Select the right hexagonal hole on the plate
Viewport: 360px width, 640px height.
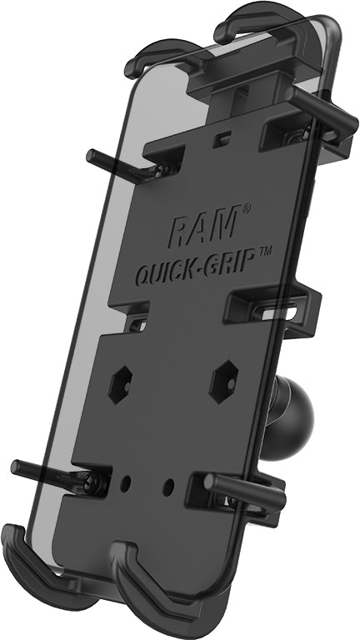(x=224, y=380)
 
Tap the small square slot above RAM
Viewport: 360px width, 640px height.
(x=220, y=138)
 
